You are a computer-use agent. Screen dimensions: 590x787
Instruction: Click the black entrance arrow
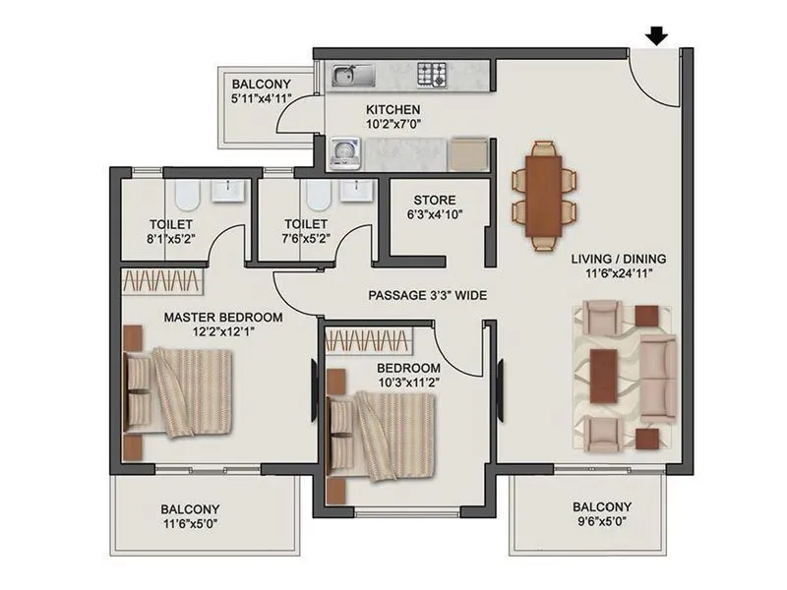[x=657, y=36]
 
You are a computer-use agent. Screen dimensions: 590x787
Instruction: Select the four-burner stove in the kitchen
[x=432, y=75]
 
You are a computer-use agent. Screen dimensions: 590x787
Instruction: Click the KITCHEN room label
[x=393, y=109]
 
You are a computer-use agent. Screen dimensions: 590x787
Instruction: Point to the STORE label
[x=434, y=200]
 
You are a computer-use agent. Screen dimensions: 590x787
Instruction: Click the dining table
[x=543, y=194]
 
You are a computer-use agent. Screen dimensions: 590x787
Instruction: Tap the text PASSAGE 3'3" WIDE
[x=428, y=294]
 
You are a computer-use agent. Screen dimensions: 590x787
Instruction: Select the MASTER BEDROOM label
[x=223, y=318]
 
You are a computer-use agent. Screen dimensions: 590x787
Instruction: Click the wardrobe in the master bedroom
[x=162, y=281]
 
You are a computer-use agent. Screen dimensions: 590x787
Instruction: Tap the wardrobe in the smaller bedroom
[x=366, y=341]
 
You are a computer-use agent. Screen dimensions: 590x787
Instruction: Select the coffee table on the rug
[x=603, y=376]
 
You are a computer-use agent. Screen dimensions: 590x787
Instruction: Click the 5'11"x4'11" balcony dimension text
[x=258, y=100]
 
